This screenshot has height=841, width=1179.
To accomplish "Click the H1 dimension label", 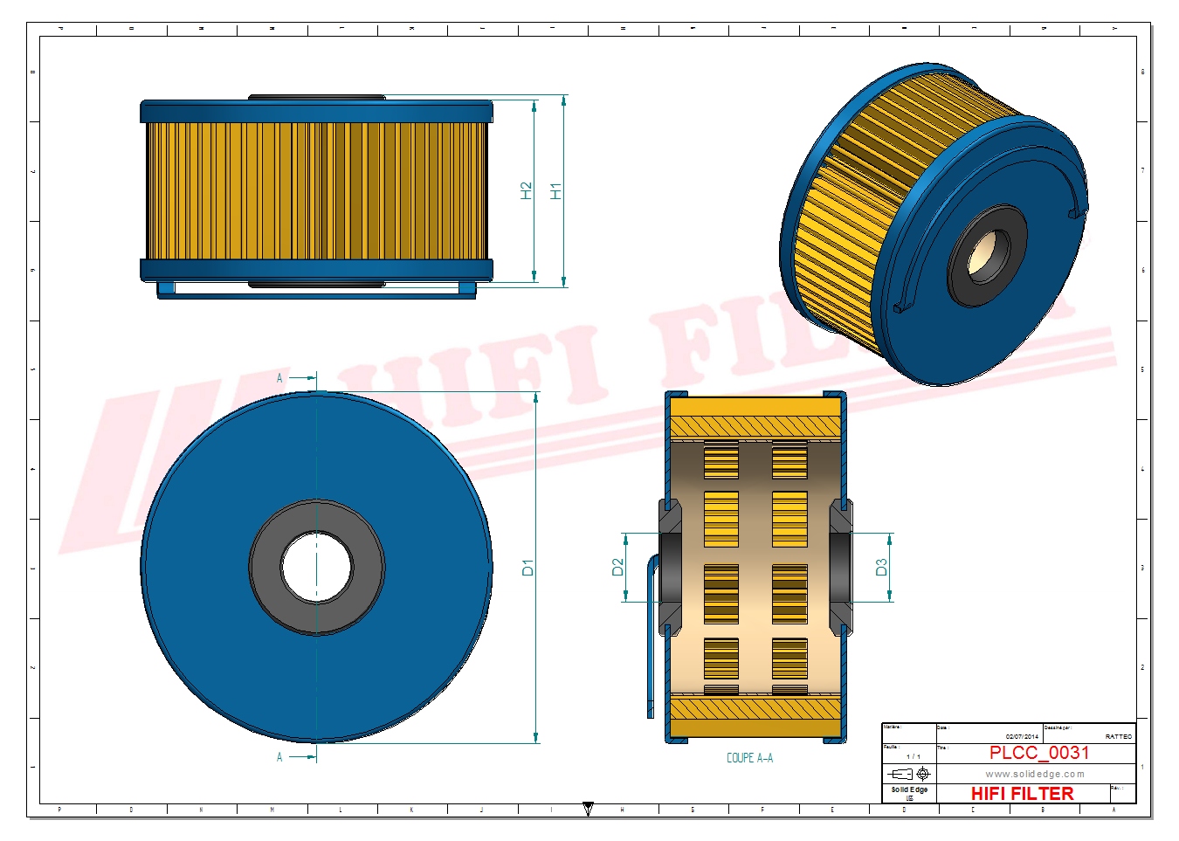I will tap(555, 190).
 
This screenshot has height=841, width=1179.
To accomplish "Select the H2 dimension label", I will tap(526, 190).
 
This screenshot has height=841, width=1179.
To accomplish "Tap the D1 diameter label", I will tap(527, 568).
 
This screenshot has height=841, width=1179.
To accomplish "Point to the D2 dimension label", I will tap(618, 568).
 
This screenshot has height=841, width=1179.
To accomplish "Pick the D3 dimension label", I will tap(881, 568).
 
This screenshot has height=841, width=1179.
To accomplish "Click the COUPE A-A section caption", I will tap(749, 758).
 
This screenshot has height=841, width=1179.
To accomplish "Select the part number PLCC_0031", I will tap(1038, 753).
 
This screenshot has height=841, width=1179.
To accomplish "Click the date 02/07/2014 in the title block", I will tap(1022, 736).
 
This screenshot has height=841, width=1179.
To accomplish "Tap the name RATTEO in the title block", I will tap(1118, 736).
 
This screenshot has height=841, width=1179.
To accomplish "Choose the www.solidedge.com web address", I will tap(1035, 774).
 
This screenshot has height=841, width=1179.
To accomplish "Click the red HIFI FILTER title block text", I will tap(1022, 794).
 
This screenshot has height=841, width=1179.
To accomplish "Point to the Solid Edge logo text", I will tap(909, 789).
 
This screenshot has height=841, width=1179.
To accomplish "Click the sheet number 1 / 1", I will tap(913, 756).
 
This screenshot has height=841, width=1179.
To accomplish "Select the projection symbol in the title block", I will tap(909, 774).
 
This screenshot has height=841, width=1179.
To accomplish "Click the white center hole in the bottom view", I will tap(316, 568).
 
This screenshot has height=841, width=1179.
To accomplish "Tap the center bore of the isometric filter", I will tap(987, 256).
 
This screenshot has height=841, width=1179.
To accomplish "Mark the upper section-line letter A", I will tap(279, 378).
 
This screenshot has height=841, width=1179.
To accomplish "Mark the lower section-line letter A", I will tap(279, 757).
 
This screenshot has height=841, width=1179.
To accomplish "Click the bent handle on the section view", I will tap(651, 638).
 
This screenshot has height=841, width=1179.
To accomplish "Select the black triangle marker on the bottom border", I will tap(588, 810).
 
